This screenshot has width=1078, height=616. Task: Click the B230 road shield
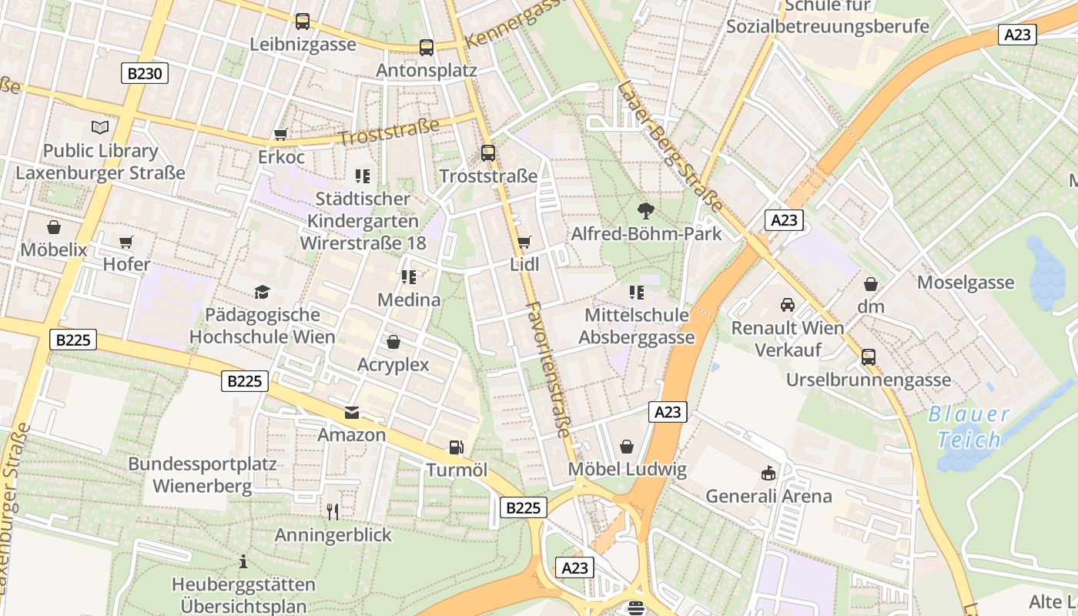(145, 74)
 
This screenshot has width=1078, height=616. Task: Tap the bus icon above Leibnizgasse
(303, 22)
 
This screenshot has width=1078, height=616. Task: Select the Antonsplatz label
(427, 70)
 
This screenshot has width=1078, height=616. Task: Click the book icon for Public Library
(100, 128)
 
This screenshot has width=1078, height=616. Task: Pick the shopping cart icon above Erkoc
(280, 135)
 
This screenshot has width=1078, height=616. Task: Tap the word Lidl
(524, 264)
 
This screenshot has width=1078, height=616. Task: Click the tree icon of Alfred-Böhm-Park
(646, 210)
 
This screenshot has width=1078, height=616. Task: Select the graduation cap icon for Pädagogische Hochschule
(262, 292)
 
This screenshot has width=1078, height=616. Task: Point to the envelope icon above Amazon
(352, 413)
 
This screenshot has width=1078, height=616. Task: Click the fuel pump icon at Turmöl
(457, 447)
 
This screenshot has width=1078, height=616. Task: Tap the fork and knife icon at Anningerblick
(333, 511)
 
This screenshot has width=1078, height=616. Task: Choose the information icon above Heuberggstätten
(243, 561)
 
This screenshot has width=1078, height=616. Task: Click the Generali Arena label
(768, 496)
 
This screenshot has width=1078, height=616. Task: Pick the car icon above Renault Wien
(787, 305)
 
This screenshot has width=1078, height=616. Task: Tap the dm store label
(871, 306)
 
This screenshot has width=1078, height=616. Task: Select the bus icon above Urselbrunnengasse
(869, 357)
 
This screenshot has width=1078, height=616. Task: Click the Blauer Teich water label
(968, 427)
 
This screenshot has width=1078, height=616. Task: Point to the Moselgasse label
(965, 283)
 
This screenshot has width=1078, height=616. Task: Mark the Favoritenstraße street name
(548, 370)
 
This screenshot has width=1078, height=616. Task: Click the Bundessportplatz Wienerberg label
(202, 475)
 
